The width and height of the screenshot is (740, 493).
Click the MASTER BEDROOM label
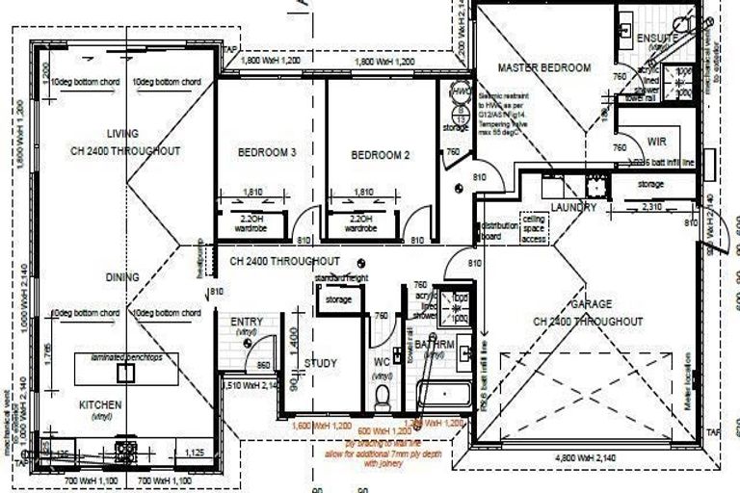coord(544,67)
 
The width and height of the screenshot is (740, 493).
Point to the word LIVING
coord(123,133)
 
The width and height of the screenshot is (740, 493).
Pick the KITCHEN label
coord(100,405)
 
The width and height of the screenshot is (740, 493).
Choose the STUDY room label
coord(320,363)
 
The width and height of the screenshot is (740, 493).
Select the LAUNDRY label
coord(574,207)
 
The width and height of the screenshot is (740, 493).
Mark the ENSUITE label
coord(658,38)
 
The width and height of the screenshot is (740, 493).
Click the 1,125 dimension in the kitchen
coord(193,451)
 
